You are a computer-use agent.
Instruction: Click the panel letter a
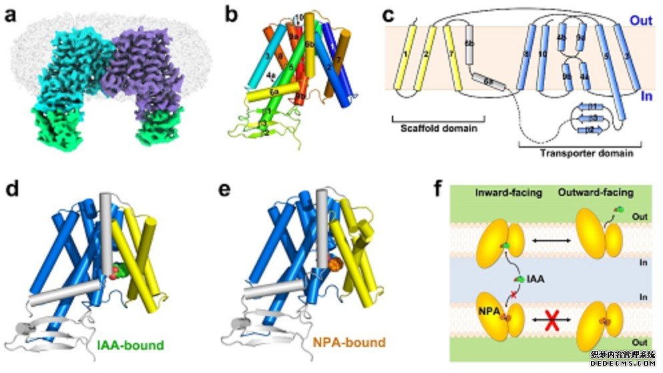11,15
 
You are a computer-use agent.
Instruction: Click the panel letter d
11,189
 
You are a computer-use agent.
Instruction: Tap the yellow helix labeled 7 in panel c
455,64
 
